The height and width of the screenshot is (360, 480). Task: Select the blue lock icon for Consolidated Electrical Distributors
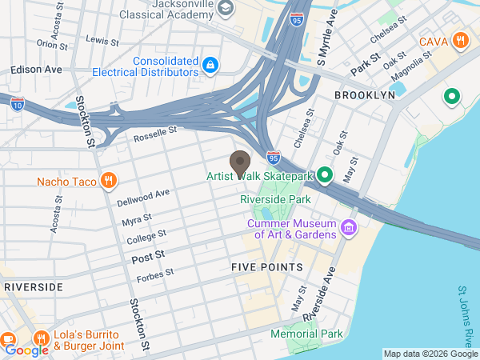(x=210, y=65)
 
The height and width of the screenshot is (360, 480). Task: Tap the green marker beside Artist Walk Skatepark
(x=325, y=174)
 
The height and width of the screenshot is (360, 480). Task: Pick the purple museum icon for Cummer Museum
(x=348, y=229)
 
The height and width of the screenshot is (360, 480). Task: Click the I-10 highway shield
(x=18, y=102)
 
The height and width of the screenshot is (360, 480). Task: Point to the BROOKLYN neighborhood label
(x=365, y=94)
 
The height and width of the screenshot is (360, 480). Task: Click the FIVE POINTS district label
(x=267, y=266)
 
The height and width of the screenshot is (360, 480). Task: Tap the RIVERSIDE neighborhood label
(x=33, y=286)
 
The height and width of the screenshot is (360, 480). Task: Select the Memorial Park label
(x=306, y=334)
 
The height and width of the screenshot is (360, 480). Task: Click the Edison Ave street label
(x=36, y=70)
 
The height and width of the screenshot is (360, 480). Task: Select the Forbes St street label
(x=154, y=274)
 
